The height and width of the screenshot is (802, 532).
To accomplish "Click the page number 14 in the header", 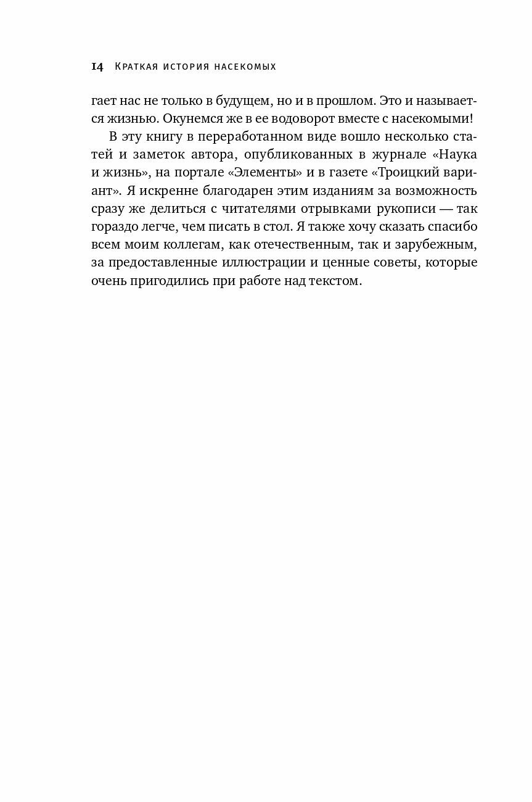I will [x=97, y=67].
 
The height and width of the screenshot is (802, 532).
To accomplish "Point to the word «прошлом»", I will [x=343, y=101].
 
